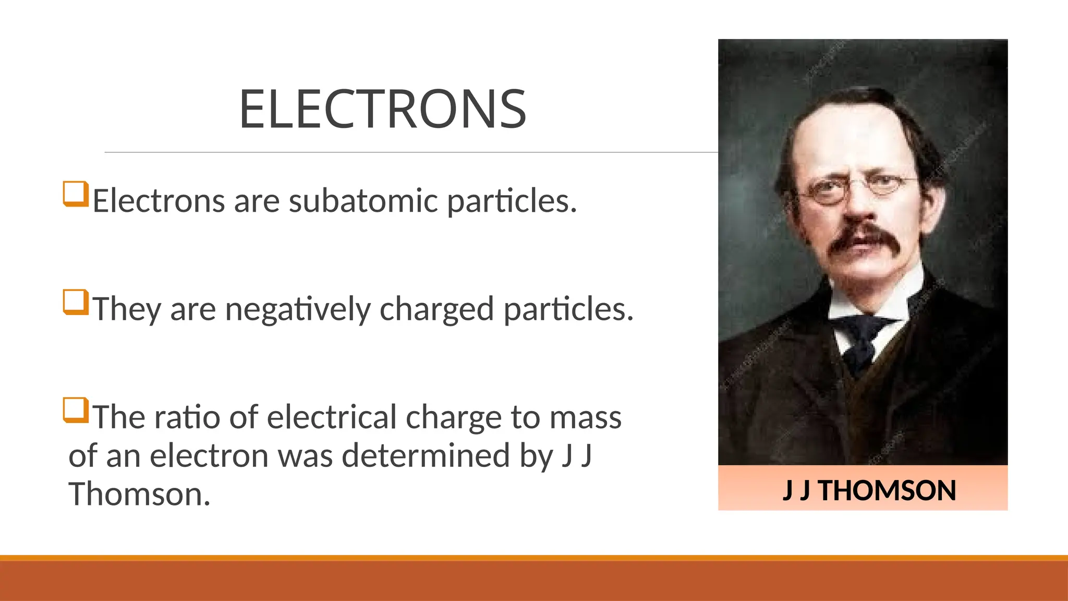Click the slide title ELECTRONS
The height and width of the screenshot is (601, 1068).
(x=382, y=109)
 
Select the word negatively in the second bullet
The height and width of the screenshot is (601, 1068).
(x=297, y=309)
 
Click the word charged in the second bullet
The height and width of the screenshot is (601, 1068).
(x=436, y=309)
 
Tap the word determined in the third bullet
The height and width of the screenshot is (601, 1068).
(x=426, y=456)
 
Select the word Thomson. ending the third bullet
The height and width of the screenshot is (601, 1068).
(x=140, y=494)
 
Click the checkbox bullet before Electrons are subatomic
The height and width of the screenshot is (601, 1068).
(x=75, y=194)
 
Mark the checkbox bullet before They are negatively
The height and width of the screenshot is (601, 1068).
(x=75, y=302)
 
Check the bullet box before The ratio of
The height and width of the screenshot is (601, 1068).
(x=75, y=410)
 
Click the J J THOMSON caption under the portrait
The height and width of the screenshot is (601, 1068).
(x=869, y=490)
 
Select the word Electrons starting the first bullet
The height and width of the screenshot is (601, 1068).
(x=159, y=201)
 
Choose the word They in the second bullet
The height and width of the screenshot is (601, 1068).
(x=126, y=309)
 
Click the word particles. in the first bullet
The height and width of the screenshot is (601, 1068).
(x=512, y=201)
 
